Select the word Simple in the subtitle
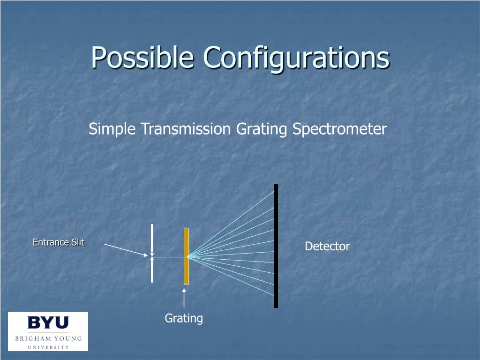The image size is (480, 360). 113,129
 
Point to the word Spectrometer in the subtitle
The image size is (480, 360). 339,129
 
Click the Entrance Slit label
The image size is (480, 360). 59,242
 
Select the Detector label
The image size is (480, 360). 327,247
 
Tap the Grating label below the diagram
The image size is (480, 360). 184,318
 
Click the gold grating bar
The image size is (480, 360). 186,272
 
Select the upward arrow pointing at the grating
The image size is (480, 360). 184,298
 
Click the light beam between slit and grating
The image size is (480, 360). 169,257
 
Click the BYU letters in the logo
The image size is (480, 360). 48,323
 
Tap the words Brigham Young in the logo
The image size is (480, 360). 48,338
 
